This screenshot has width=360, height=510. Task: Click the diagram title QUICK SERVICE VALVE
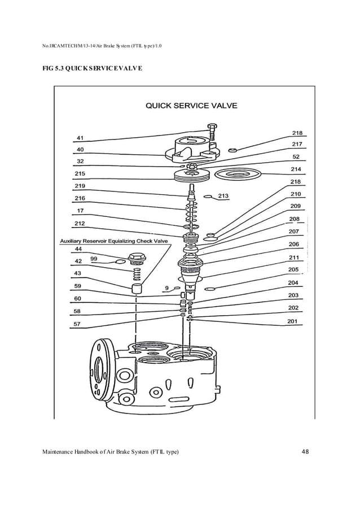click(191, 105)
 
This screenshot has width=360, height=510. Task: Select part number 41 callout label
click(80, 137)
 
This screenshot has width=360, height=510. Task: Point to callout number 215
click(80, 173)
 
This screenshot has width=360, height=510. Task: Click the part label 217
click(296, 145)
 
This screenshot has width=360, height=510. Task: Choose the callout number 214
click(296, 169)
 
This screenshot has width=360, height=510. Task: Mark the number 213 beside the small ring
click(223, 197)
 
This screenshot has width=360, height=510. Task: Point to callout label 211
click(294, 257)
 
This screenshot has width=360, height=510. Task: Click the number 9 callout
click(167, 289)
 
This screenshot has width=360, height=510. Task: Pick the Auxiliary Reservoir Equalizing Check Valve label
click(114, 241)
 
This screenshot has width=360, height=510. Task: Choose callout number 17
click(80, 211)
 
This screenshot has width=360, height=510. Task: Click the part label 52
click(296, 156)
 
